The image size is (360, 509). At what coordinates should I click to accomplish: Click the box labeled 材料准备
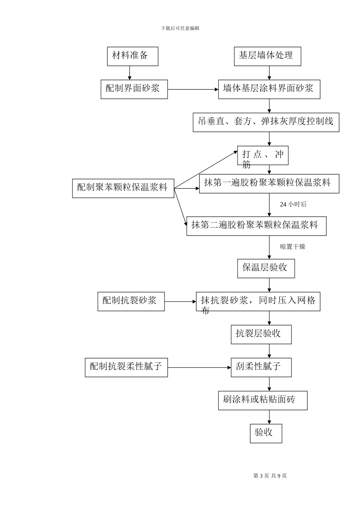click(x=132, y=56)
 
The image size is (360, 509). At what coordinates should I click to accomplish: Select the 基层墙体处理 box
click(x=267, y=56)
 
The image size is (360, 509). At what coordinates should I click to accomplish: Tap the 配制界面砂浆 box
click(x=134, y=89)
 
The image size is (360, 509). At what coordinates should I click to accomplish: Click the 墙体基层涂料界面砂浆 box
click(x=269, y=89)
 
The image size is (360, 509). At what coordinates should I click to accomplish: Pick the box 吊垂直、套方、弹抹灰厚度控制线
click(x=266, y=122)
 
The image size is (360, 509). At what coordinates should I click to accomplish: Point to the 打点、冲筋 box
click(x=263, y=156)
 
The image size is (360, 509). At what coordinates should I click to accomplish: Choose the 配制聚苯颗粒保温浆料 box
click(x=123, y=188)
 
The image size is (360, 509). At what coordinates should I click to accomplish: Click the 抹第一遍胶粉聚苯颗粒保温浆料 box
click(x=269, y=184)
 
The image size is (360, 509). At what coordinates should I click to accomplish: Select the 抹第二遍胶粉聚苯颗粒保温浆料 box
click(x=256, y=226)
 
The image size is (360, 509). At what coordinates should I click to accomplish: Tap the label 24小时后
click(x=293, y=205)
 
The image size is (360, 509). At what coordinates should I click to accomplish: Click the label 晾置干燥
click(x=292, y=247)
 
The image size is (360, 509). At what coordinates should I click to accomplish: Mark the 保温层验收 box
click(x=266, y=269)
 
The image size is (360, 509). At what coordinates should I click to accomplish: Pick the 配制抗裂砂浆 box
click(x=131, y=301)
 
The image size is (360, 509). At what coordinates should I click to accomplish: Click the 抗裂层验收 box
click(x=261, y=334)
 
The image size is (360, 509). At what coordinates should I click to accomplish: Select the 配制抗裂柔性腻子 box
click(x=126, y=367)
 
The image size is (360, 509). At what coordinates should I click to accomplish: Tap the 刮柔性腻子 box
click(x=261, y=367)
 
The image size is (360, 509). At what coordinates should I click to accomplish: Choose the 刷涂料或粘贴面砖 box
click(x=263, y=400)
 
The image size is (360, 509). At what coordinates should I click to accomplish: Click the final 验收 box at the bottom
click(x=266, y=433)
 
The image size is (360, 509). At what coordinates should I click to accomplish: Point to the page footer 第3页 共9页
click(x=270, y=476)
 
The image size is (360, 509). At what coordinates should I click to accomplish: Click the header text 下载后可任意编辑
click(x=180, y=28)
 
